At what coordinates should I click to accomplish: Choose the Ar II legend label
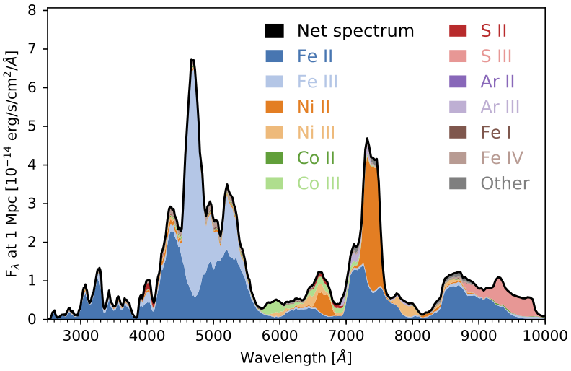pos(498,82)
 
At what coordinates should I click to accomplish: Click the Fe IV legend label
pos(502,158)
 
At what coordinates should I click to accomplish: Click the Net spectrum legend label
pos(356,31)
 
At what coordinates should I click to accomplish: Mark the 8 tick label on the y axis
pos(32,11)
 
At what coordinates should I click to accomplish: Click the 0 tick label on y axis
pos(32,319)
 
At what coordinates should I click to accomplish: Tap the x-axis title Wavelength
pos(296,357)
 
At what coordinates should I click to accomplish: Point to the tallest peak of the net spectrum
pos(192,61)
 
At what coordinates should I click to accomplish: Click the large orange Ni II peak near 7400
pos(372,217)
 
